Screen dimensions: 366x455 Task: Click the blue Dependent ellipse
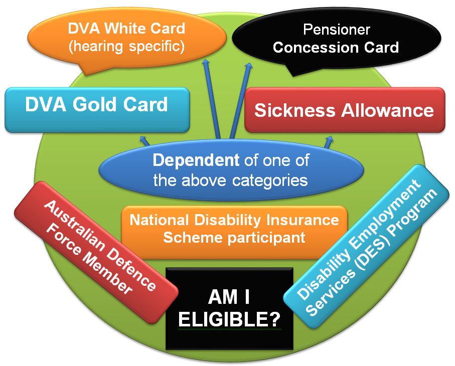231,170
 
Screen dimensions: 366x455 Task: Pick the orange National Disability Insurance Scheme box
234,228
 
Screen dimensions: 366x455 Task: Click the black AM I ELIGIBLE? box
230,308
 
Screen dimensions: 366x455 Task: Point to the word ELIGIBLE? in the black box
230,319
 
